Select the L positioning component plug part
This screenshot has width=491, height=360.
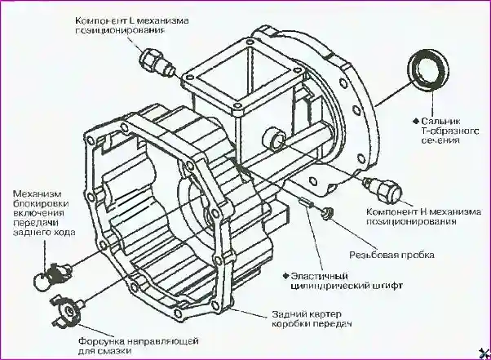(x=155, y=62)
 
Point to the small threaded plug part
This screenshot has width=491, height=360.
(x=326, y=214)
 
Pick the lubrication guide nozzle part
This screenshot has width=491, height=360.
(x=70, y=308)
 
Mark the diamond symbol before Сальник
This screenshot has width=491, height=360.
(x=417, y=119)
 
